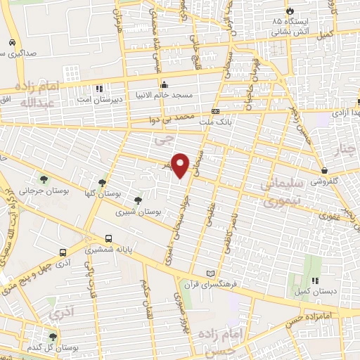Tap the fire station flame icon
point(290,13)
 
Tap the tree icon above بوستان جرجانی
point(44,179)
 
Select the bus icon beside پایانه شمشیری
point(108,239)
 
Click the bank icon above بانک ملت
point(215,111)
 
